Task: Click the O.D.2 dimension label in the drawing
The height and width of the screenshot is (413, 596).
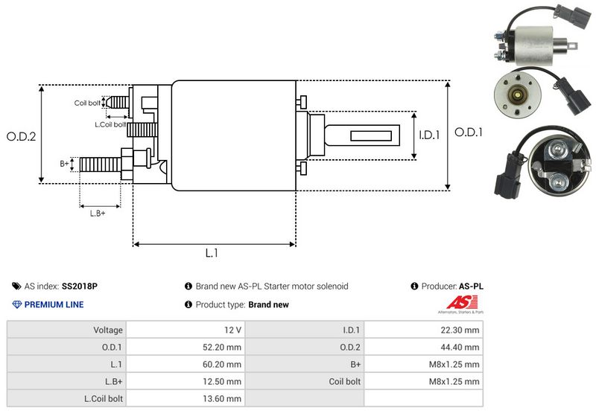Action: pyautogui.click(x=22, y=136)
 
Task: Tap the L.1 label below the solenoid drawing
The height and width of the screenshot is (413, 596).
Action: pyautogui.click(x=212, y=253)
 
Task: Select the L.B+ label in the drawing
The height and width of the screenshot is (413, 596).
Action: pyautogui.click(x=98, y=214)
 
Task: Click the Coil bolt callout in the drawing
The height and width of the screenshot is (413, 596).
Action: pyautogui.click(x=86, y=103)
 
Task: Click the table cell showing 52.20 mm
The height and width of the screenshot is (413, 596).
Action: pyautogui.click(x=223, y=347)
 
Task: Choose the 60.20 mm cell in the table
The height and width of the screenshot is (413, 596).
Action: pyautogui.click(x=223, y=364)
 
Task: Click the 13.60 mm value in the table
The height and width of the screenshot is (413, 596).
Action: pyautogui.click(x=223, y=398)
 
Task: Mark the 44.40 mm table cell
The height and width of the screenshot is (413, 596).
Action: pyautogui.click(x=462, y=347)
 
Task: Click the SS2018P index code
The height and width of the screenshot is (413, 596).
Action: pyautogui.click(x=80, y=286)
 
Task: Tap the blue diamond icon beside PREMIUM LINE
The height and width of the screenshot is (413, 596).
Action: pyautogui.click(x=17, y=304)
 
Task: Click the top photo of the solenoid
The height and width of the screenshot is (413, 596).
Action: pyautogui.click(x=533, y=35)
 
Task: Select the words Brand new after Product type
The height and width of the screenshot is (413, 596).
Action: pyautogui.click(x=268, y=304)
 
